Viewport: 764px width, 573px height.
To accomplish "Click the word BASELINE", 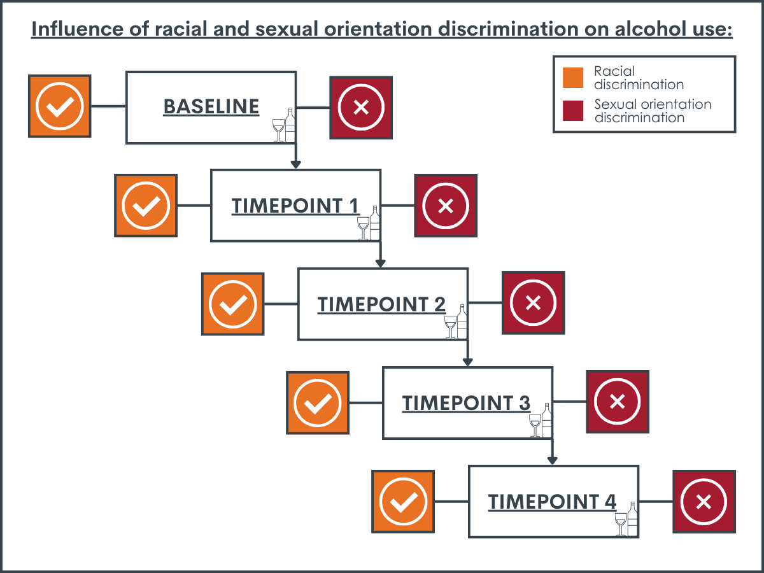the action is pyautogui.click(x=211, y=106).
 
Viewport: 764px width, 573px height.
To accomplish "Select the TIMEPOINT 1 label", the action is pyautogui.click(x=295, y=206).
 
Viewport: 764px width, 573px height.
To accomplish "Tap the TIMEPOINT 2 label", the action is pyautogui.click(x=381, y=304).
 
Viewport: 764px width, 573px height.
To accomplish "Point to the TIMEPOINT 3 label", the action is pyautogui.click(x=466, y=403).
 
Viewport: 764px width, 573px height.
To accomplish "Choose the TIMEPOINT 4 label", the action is pyautogui.click(x=552, y=502).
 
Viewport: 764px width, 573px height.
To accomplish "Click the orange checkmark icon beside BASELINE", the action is pyautogui.click(x=60, y=106).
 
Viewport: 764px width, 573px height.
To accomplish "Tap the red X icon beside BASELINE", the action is pyautogui.click(x=361, y=108).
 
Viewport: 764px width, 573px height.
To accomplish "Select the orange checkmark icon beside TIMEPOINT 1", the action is pyautogui.click(x=146, y=206).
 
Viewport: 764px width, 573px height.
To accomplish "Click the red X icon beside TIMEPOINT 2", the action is pyautogui.click(x=534, y=303).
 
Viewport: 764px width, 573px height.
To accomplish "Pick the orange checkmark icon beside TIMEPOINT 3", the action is pyautogui.click(x=318, y=403).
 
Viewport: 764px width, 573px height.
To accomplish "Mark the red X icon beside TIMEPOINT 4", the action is pyautogui.click(x=704, y=502).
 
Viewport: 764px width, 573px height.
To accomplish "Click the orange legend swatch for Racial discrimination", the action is pyautogui.click(x=573, y=78).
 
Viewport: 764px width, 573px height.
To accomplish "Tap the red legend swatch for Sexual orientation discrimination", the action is pyautogui.click(x=573, y=111).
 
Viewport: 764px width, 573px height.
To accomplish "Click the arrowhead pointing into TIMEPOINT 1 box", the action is pyautogui.click(x=296, y=164).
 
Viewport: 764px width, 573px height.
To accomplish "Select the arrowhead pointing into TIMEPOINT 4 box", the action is pyautogui.click(x=553, y=460).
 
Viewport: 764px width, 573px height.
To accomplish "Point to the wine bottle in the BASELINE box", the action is pyautogui.click(x=290, y=125).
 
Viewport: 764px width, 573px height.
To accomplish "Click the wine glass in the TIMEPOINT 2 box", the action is pyautogui.click(x=450, y=327).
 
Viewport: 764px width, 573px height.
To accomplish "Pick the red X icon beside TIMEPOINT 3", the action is pyautogui.click(x=618, y=402).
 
